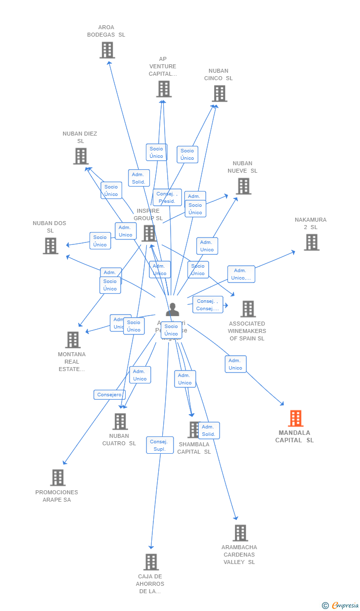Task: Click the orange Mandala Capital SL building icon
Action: coord(295,419)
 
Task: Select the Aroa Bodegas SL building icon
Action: coord(107,50)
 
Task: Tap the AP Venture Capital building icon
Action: coord(164,89)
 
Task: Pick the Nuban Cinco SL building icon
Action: coord(219,93)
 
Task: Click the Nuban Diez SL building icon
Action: coord(81,156)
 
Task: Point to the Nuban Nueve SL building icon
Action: coord(243,186)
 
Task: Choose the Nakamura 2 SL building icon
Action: coord(311,242)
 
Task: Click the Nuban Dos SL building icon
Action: coord(50,245)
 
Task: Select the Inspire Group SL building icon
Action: coord(149,233)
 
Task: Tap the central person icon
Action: coord(172,310)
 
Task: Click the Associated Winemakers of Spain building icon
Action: coord(248,309)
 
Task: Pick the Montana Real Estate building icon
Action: coord(73,339)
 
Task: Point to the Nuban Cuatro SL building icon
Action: coord(120,422)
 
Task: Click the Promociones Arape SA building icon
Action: coord(57,477)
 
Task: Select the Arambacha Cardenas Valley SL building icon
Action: coord(240,533)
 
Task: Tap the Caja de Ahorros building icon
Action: coord(151,562)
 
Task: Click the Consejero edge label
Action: coord(109,395)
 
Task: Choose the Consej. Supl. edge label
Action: coord(160,445)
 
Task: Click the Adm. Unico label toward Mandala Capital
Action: coord(235,364)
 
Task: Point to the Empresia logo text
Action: coord(345,606)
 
